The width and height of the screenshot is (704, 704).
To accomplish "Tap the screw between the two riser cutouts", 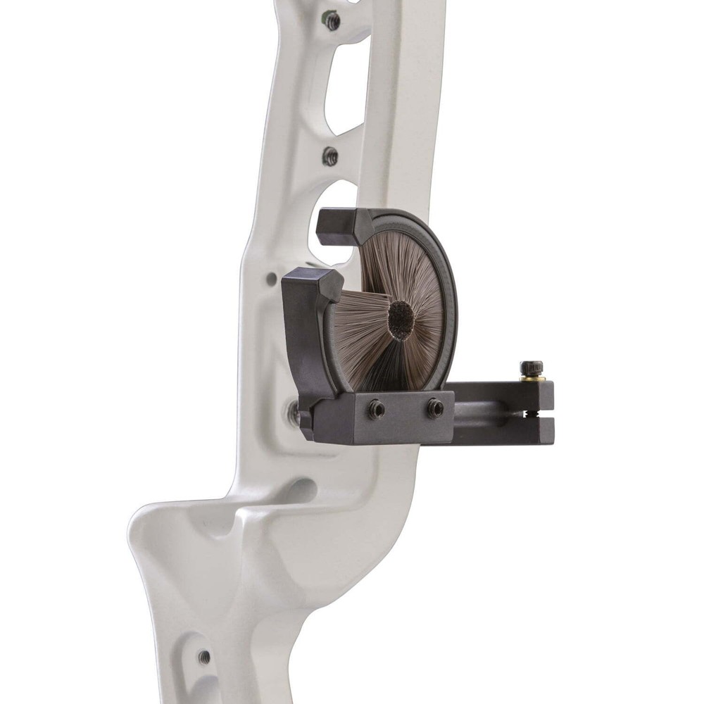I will [x=330, y=156].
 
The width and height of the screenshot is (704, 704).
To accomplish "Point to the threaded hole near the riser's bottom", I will [x=204, y=657].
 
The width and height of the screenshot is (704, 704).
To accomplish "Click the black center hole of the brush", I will [x=401, y=320].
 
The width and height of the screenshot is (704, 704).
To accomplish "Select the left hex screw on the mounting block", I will [x=376, y=409].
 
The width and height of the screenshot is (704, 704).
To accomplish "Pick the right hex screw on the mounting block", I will [x=434, y=408].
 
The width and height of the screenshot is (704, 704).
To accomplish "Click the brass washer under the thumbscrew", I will [x=532, y=379].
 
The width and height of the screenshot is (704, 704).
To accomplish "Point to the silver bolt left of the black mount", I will [x=294, y=412].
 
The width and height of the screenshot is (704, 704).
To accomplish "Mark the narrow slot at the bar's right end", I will [x=541, y=414].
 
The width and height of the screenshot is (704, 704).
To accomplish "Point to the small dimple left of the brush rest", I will [x=272, y=279].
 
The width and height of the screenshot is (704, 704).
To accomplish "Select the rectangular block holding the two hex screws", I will [x=384, y=417].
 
